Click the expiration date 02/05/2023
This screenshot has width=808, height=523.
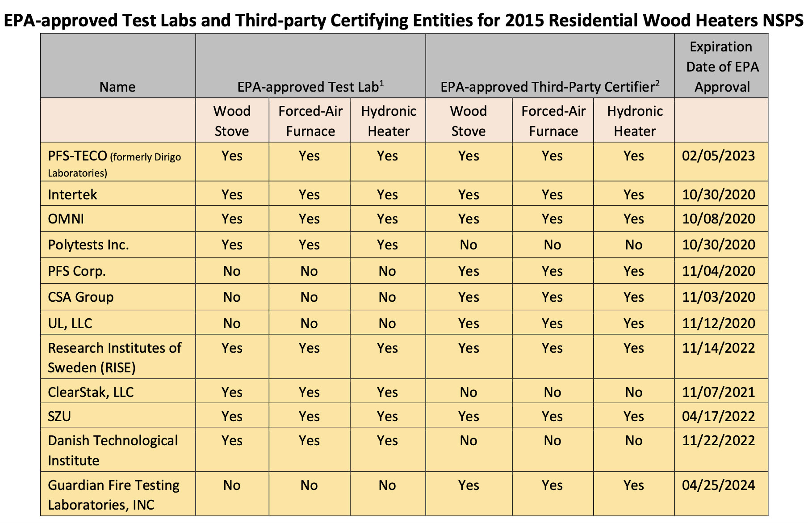click(718, 156)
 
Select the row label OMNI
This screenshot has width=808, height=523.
click(66, 219)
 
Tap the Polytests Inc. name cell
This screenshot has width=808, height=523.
click(88, 245)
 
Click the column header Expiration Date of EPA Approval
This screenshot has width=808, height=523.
click(722, 67)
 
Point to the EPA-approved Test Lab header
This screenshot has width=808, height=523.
click(310, 86)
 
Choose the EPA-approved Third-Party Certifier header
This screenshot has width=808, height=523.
click(550, 86)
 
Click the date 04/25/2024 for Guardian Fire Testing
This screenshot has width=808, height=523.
click(718, 485)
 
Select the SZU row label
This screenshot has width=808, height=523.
click(59, 417)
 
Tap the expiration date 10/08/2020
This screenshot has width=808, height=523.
click(718, 219)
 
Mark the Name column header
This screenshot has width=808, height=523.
click(117, 87)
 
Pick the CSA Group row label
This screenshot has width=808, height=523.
click(80, 297)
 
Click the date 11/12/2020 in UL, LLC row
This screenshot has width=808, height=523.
click(718, 324)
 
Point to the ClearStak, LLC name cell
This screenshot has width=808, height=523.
click(91, 392)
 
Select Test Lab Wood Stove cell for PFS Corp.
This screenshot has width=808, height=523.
click(232, 271)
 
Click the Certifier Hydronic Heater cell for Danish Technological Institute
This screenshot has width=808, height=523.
click(633, 441)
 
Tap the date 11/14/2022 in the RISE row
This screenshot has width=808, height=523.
click(718, 348)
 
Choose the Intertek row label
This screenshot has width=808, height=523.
click(72, 195)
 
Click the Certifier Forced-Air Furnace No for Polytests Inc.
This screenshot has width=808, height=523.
click(552, 245)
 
